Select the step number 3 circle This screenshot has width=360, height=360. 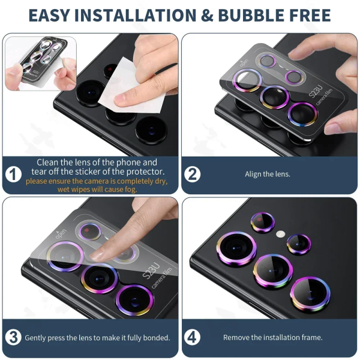click(x=14, y=337)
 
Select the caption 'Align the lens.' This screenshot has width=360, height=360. click(x=268, y=175)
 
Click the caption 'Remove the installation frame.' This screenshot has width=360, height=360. click(x=273, y=338)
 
